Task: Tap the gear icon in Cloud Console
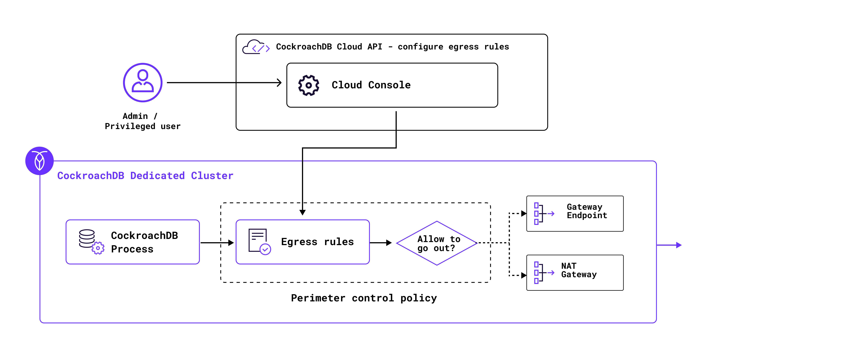(309, 85)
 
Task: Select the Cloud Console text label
(371, 85)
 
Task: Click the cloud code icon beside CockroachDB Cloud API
(256, 47)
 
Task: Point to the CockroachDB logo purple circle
(40, 161)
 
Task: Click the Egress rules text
(317, 242)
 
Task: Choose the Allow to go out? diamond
(437, 243)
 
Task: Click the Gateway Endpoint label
(587, 211)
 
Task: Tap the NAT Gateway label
(579, 270)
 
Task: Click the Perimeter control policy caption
(364, 298)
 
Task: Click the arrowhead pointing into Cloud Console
(279, 83)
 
